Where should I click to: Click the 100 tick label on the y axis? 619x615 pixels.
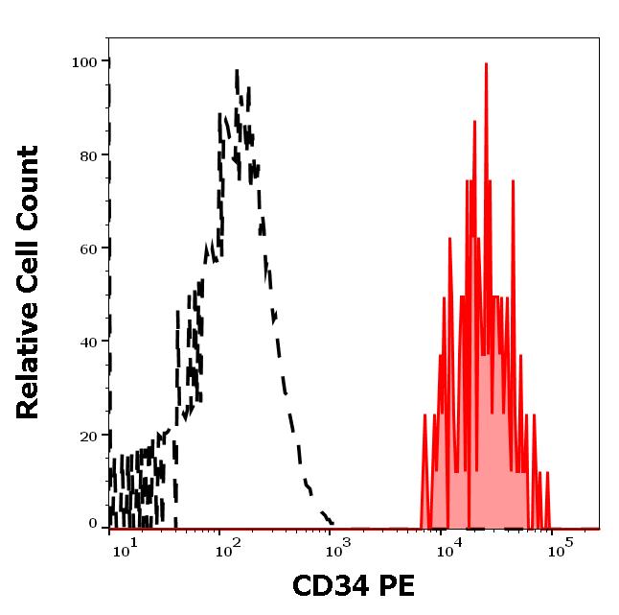[84, 62]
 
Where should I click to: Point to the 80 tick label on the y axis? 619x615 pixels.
[88, 155]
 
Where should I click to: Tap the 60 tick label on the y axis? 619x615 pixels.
[88, 248]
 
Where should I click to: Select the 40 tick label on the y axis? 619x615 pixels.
[88, 342]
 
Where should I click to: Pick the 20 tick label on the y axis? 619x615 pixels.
[88, 436]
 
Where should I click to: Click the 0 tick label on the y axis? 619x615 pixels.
[93, 524]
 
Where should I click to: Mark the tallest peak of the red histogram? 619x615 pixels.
[486, 65]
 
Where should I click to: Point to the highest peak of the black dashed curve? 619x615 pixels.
[236, 72]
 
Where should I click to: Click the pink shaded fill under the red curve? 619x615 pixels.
[489, 432]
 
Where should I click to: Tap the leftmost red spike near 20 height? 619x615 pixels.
[424, 415]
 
